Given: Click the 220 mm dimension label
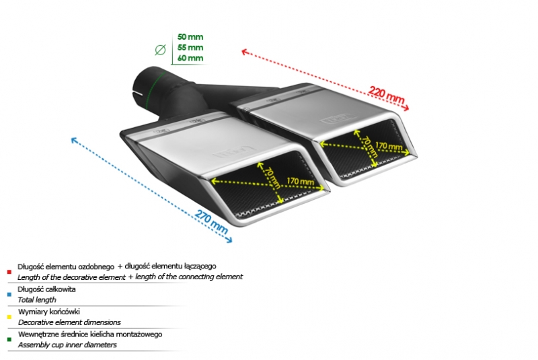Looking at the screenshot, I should click(387, 96).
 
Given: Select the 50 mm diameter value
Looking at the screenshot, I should click(190, 36).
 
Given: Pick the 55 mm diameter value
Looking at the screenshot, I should click(190, 47).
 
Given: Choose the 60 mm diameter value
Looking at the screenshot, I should click(190, 58).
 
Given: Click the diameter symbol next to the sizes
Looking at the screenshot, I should click(160, 48).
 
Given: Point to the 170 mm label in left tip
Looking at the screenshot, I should click(300, 181).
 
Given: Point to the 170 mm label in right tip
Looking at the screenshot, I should click(389, 145).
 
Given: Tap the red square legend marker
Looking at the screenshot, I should click(9, 272).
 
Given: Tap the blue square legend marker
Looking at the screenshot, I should click(9, 294).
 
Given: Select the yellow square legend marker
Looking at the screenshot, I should click(9, 317).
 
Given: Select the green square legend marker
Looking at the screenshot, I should click(9, 339).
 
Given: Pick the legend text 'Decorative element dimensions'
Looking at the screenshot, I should click(69, 322).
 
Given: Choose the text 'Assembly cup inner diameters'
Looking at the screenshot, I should click(67, 345).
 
